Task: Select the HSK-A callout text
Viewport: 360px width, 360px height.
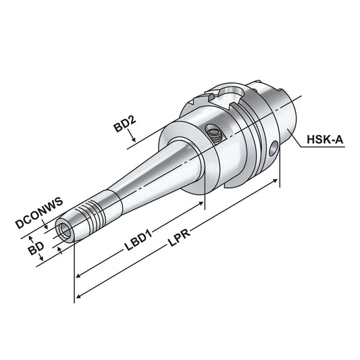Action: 326,140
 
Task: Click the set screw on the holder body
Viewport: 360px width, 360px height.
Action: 213,132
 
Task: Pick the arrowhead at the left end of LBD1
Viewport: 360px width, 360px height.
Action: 79,274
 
